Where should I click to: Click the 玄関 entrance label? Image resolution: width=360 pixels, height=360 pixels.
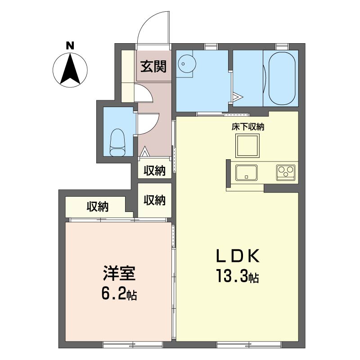153,66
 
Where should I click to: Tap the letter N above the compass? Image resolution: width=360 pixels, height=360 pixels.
70,46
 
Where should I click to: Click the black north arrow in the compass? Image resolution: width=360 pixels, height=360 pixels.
70,68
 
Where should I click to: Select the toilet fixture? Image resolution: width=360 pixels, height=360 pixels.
117,143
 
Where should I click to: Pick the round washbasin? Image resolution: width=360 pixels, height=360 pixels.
187,63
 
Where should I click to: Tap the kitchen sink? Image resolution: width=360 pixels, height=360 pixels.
246,173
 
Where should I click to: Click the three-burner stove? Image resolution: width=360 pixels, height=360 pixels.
286,172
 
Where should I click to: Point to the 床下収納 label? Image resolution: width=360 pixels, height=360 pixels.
248,127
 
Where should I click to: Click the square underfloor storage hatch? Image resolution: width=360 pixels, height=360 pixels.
247,146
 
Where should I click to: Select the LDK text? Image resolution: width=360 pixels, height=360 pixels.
238,256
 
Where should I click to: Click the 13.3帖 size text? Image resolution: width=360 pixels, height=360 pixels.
238,276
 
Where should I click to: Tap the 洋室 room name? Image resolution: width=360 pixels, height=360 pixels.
119,273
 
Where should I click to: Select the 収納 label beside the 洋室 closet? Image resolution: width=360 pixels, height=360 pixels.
98,207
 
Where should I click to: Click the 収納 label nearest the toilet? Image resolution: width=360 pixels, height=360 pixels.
154,171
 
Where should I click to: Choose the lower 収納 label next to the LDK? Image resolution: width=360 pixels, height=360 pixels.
154,200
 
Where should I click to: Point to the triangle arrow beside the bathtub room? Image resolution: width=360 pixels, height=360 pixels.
238,97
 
